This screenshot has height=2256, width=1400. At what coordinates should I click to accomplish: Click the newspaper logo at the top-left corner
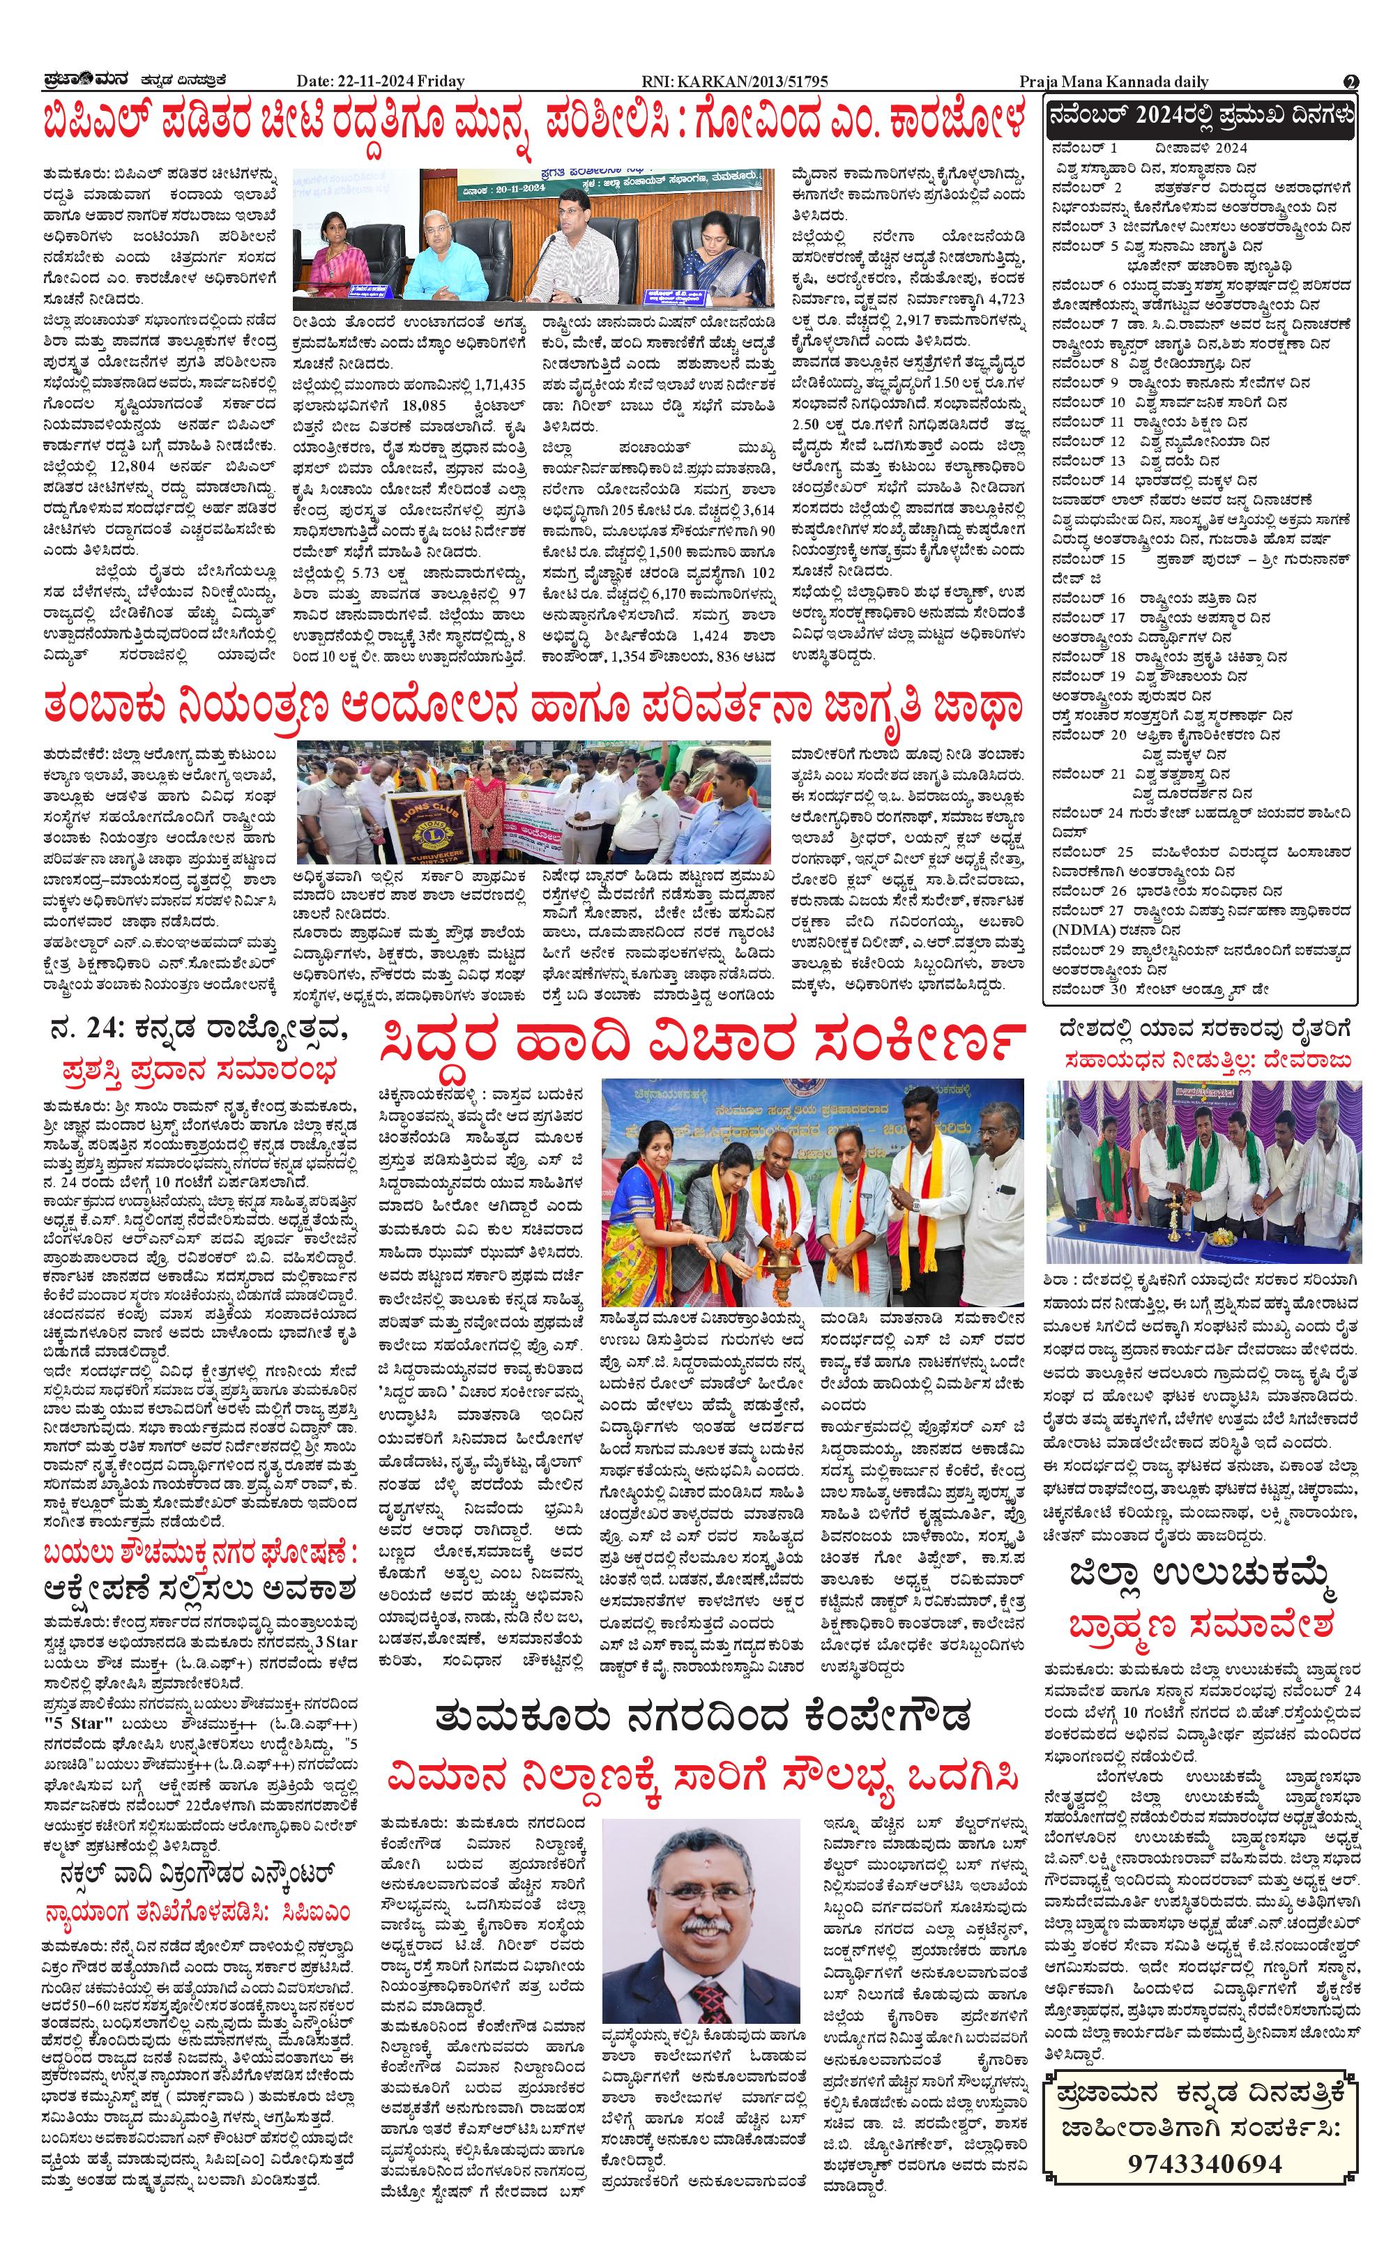point(82,82)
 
